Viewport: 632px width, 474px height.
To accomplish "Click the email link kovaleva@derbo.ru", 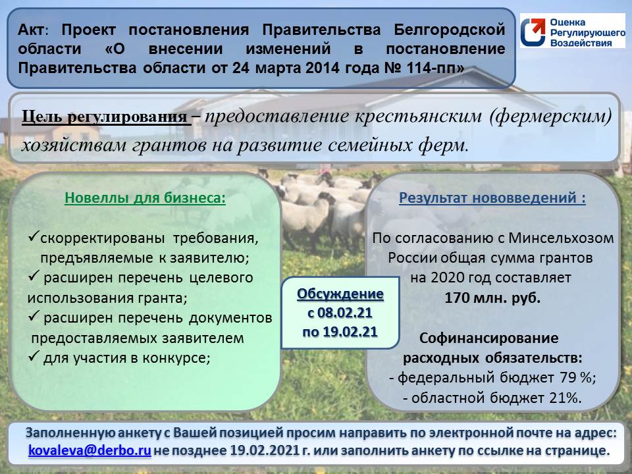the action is [90, 450].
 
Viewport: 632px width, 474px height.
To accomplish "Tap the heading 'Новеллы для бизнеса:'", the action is [145, 198].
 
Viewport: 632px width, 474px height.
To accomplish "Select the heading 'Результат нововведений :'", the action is [492, 198].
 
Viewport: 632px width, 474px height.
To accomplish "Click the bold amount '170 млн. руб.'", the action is [492, 298].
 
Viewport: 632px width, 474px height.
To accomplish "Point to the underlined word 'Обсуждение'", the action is [340, 294].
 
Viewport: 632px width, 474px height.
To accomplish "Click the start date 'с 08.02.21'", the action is [340, 313].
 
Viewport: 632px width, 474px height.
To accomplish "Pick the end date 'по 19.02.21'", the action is [340, 332].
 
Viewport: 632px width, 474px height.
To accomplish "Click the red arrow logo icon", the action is [533, 31].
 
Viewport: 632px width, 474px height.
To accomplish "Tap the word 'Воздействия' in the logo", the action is [581, 43].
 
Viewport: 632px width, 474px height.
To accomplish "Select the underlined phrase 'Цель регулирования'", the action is [105, 117].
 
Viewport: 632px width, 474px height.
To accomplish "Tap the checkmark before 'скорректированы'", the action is [33, 236].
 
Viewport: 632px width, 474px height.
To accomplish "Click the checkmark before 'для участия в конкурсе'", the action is [34, 356].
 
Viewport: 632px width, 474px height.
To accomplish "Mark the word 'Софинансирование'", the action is [489, 338].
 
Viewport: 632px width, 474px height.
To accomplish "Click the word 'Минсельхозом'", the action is [561, 238].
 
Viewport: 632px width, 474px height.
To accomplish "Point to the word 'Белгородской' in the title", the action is [450, 30].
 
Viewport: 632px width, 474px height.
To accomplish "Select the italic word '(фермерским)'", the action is [550, 117].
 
